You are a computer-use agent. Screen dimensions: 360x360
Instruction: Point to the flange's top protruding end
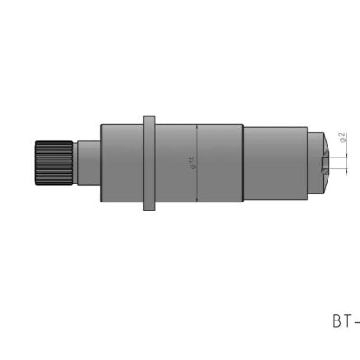click(x=150, y=116)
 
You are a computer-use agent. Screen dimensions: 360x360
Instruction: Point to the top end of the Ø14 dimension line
click(x=197, y=123)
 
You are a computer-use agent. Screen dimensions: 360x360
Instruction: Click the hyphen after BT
click(x=357, y=320)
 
